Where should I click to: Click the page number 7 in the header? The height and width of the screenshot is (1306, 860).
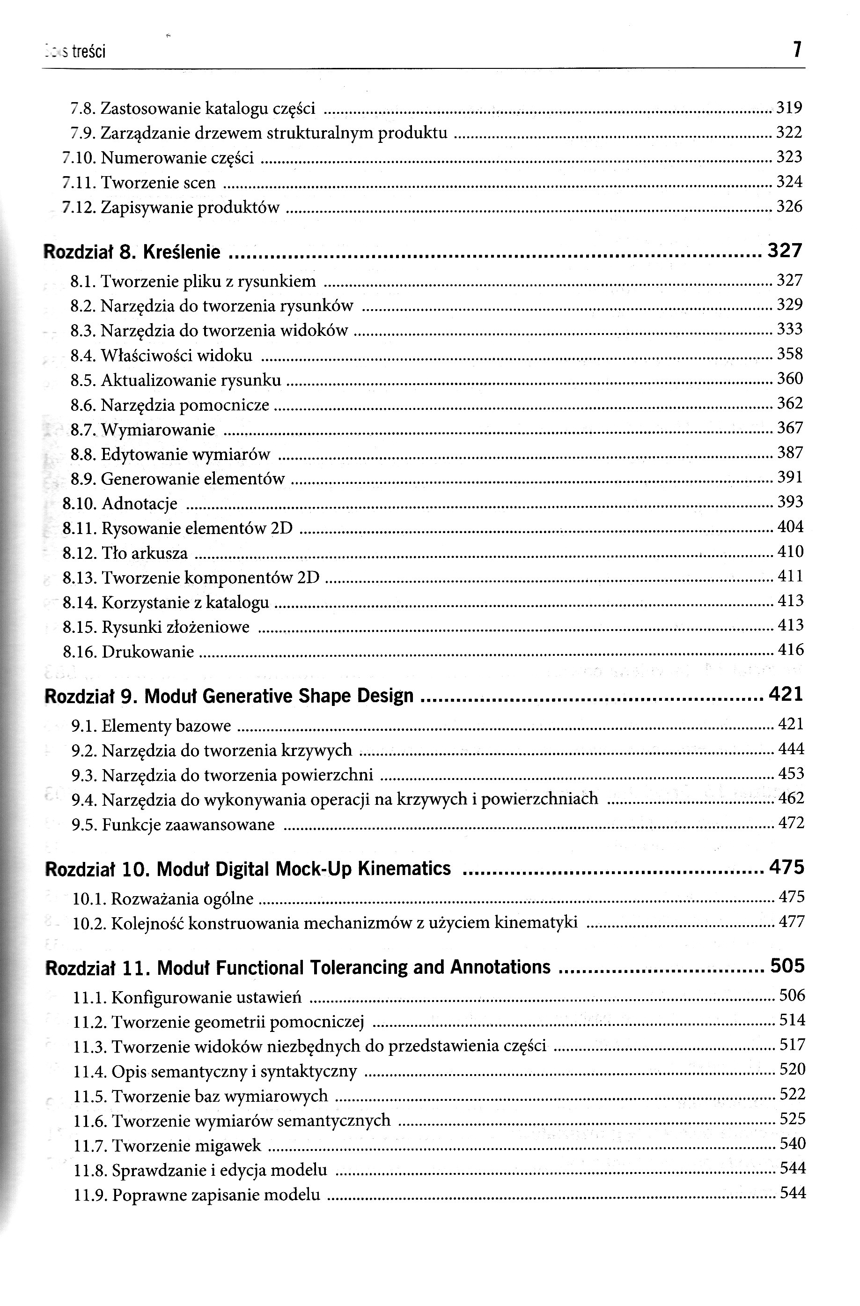point(797,51)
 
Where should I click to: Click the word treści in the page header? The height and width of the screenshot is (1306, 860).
point(89,52)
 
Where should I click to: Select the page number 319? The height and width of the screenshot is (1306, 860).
point(789,108)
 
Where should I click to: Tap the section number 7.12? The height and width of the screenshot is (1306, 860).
point(79,208)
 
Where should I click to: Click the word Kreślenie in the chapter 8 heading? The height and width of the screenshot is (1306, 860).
point(182,252)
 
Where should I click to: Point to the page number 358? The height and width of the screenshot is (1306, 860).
point(790,354)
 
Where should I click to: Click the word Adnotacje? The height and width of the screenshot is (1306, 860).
point(140,504)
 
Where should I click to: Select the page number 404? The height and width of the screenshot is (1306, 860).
point(790,527)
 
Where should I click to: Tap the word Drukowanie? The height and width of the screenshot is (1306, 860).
point(147,652)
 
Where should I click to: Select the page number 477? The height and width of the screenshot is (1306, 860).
point(792,921)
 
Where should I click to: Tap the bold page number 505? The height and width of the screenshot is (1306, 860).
point(787,966)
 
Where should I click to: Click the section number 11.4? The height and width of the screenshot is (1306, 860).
point(90,1071)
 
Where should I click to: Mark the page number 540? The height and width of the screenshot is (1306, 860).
point(793,1144)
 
